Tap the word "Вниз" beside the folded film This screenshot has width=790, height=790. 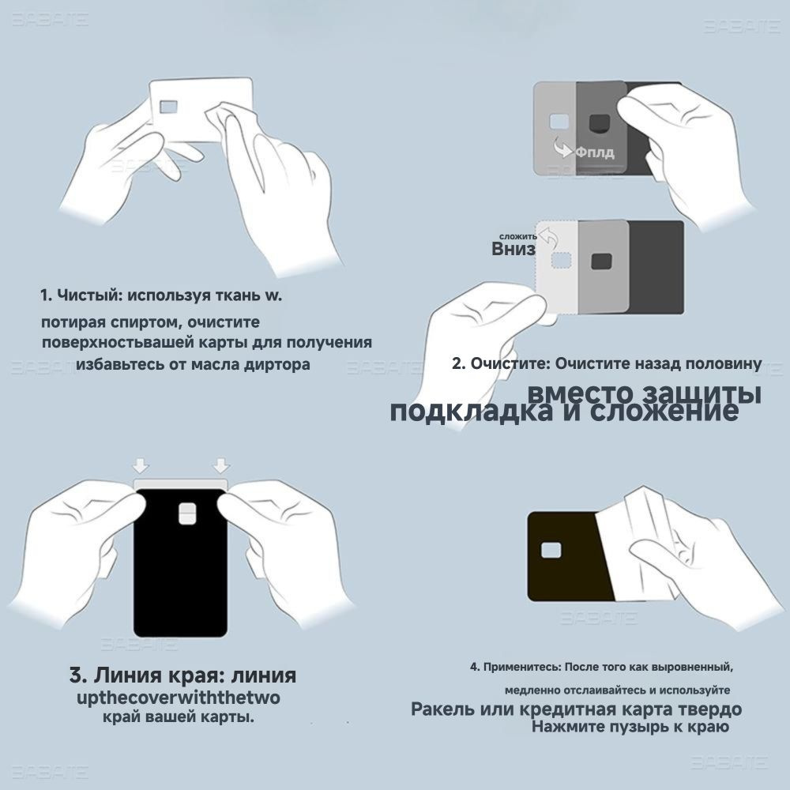pos(513,249)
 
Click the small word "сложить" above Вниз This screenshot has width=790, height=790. pos(518,235)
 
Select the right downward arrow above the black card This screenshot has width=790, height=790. pos(221,465)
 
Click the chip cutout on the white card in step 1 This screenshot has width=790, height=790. pos(169,107)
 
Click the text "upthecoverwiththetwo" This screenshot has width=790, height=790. pos(178,699)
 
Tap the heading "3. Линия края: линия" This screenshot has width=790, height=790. pos(182,676)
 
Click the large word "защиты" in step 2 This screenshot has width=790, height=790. pos(698,393)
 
